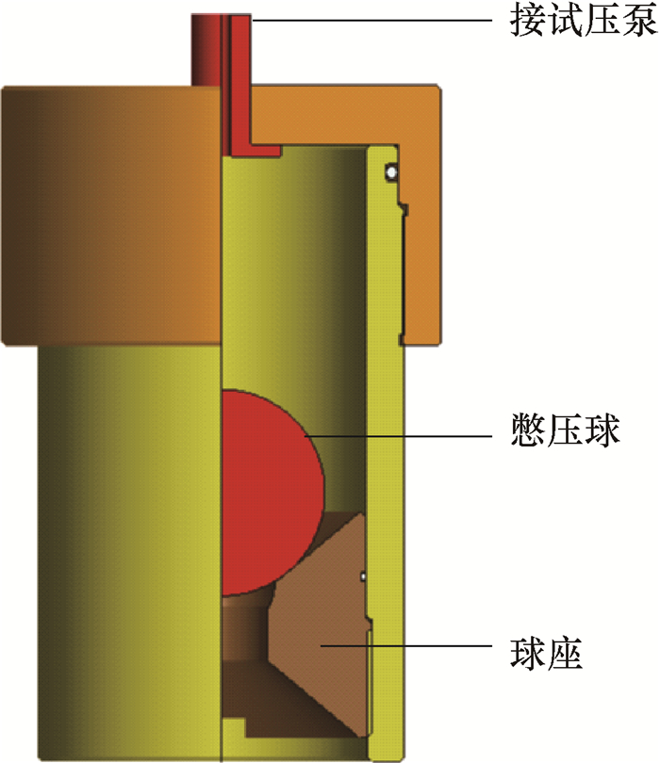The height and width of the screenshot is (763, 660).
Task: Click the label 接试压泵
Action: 584,21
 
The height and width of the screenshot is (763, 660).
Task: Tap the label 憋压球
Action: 565,430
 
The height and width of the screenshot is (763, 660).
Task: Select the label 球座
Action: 547,654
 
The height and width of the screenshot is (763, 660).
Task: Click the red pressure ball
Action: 271,493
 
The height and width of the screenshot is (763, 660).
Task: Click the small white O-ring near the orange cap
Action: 391,171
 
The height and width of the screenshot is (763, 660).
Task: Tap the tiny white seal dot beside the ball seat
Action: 363,576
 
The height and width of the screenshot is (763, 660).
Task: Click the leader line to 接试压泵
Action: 371,21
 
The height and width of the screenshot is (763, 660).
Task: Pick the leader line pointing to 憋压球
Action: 398,436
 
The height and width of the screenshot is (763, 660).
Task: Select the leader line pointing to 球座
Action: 405,646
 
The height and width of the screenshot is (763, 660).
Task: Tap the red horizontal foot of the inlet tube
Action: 256,150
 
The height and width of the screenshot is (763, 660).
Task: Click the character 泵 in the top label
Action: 639,21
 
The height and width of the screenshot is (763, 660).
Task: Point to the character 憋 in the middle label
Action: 529,430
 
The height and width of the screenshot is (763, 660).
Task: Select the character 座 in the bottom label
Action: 565,654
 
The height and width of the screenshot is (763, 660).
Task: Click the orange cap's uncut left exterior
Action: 111,216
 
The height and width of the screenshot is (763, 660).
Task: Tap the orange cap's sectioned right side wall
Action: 422,243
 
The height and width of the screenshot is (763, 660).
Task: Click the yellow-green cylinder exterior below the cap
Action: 129,552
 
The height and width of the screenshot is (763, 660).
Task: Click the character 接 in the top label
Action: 528,21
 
